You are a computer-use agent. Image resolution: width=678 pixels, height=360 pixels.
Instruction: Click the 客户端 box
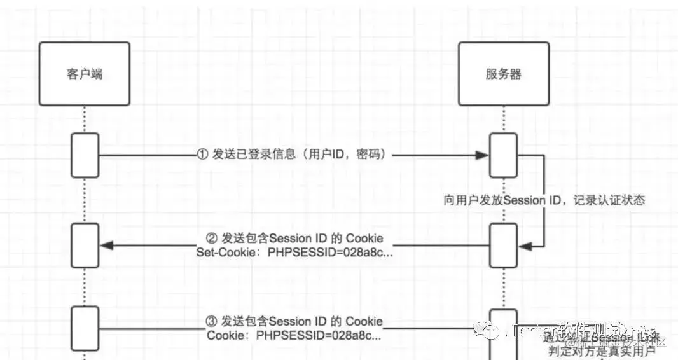(x=85, y=74)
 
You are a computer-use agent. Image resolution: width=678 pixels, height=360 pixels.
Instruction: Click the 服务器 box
(x=503, y=74)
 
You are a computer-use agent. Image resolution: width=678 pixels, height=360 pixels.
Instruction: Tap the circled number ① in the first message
(x=202, y=155)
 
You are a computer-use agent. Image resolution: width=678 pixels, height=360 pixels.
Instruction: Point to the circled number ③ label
(x=212, y=322)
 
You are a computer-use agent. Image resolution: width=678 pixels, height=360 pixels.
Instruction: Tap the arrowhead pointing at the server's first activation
(x=483, y=155)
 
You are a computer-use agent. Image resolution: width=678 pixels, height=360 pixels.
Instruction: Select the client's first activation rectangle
(x=85, y=155)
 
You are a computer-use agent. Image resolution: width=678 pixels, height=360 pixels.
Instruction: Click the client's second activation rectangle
(x=85, y=245)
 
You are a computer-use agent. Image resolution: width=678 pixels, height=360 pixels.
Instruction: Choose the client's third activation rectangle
(x=85, y=328)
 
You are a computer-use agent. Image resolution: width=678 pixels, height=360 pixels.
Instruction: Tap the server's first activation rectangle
(x=503, y=155)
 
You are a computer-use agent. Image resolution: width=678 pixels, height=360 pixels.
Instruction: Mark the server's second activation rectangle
(x=503, y=245)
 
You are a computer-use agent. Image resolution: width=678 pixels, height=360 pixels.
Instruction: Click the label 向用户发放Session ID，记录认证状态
(x=544, y=200)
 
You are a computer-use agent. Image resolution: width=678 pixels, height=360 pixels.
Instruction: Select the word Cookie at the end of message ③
(x=364, y=322)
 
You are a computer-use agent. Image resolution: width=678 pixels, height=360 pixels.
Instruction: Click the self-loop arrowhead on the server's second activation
(x=525, y=245)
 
